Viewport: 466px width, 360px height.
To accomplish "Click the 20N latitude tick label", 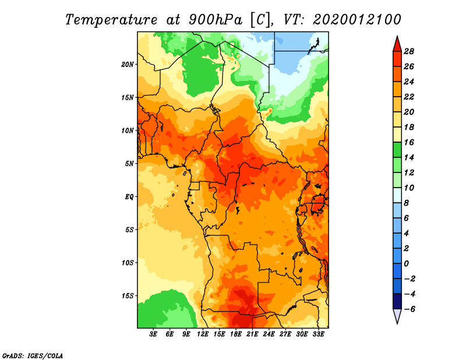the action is tap(127, 65).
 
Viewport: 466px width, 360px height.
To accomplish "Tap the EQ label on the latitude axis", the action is tap(129, 197).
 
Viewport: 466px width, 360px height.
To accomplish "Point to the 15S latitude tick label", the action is tap(128, 296).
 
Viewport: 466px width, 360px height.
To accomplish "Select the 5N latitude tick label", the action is tap(129, 164).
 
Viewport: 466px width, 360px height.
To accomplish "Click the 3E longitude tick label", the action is tap(153, 334).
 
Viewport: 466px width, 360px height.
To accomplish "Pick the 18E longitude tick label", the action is tap(236, 334).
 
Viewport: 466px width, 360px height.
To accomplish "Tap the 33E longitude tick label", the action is tap(318, 334).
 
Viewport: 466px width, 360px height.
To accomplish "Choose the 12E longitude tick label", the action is tap(203, 334).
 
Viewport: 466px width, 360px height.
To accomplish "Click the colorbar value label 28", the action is tap(409, 51).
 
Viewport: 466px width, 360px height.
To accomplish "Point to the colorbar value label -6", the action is tap(409, 309).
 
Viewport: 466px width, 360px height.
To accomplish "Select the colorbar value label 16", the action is tap(409, 142).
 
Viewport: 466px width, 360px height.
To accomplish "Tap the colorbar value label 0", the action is tap(406, 264).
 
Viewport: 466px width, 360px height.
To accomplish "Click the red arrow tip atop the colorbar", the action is tap(397, 37).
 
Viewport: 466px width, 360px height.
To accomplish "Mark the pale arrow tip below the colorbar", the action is tap(397, 323).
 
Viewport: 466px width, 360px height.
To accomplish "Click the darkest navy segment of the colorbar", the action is tap(397, 301).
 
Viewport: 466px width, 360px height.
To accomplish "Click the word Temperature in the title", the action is tap(111, 20).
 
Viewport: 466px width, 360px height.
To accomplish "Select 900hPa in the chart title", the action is tap(215, 19).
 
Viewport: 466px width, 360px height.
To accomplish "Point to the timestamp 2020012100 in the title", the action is tap(357, 19).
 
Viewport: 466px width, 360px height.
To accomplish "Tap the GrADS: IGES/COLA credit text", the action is tap(33, 355).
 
